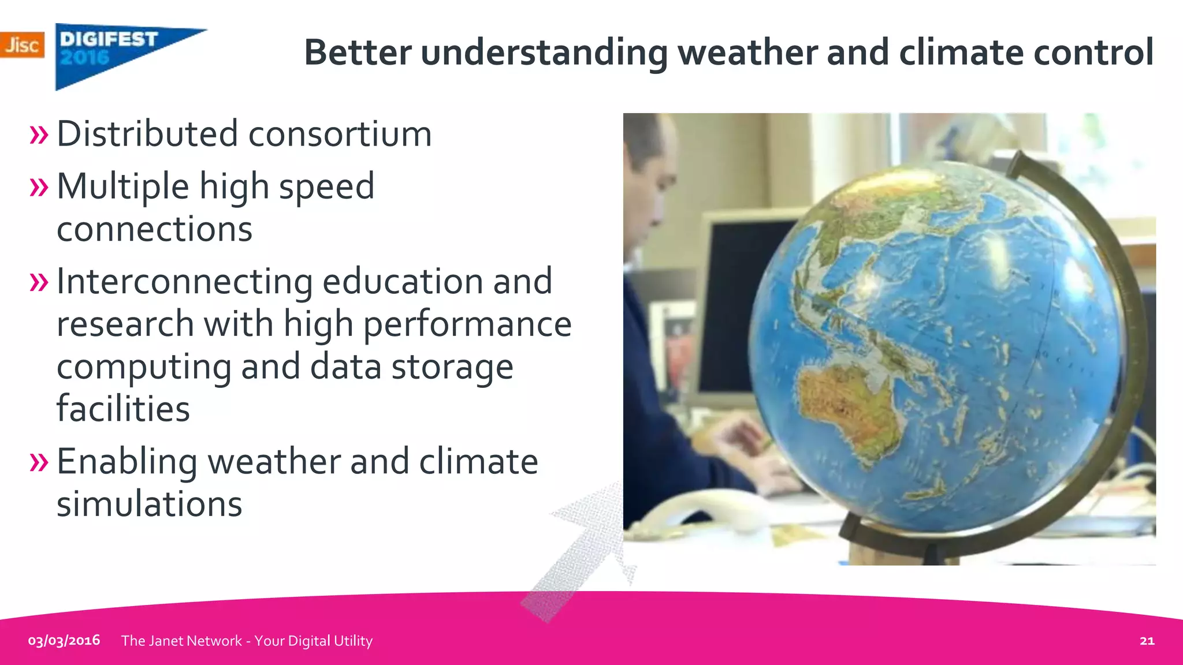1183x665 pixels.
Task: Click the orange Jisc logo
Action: tap(22, 45)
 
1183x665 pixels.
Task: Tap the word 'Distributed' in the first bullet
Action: tap(147, 134)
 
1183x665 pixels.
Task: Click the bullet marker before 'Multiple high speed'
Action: tap(39, 187)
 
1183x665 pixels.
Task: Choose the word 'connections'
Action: tap(154, 230)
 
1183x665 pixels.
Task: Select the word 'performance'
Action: tap(467, 324)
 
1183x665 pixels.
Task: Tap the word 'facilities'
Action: tap(123, 409)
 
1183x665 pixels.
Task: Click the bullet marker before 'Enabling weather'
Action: tap(39, 462)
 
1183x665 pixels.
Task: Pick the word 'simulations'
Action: tap(149, 504)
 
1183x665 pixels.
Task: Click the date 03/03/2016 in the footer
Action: tap(64, 641)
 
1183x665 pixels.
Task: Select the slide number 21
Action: tap(1147, 641)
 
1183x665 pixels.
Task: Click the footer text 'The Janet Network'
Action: tap(181, 641)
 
